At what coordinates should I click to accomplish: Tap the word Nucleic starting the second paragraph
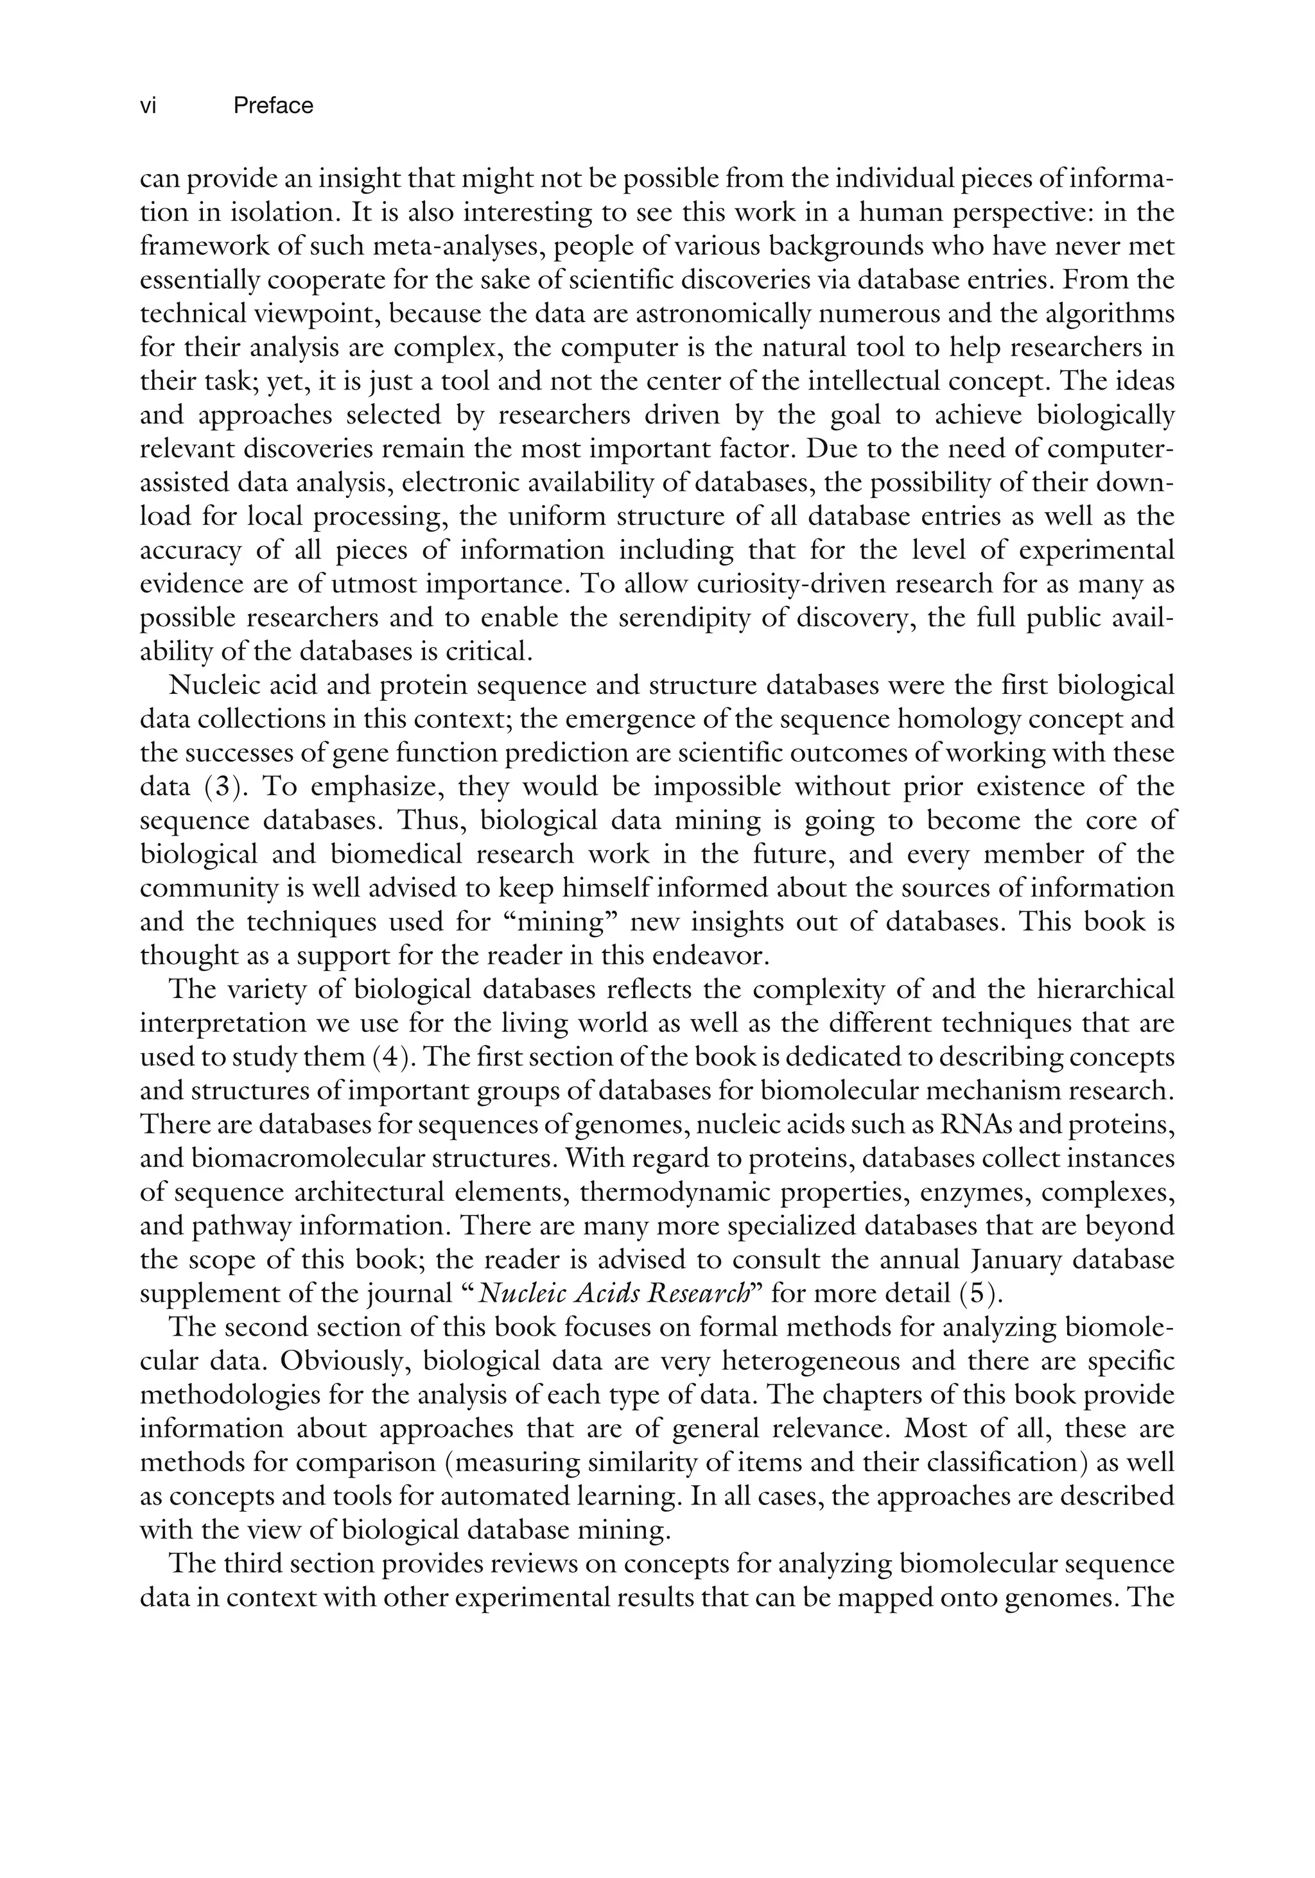214,686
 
